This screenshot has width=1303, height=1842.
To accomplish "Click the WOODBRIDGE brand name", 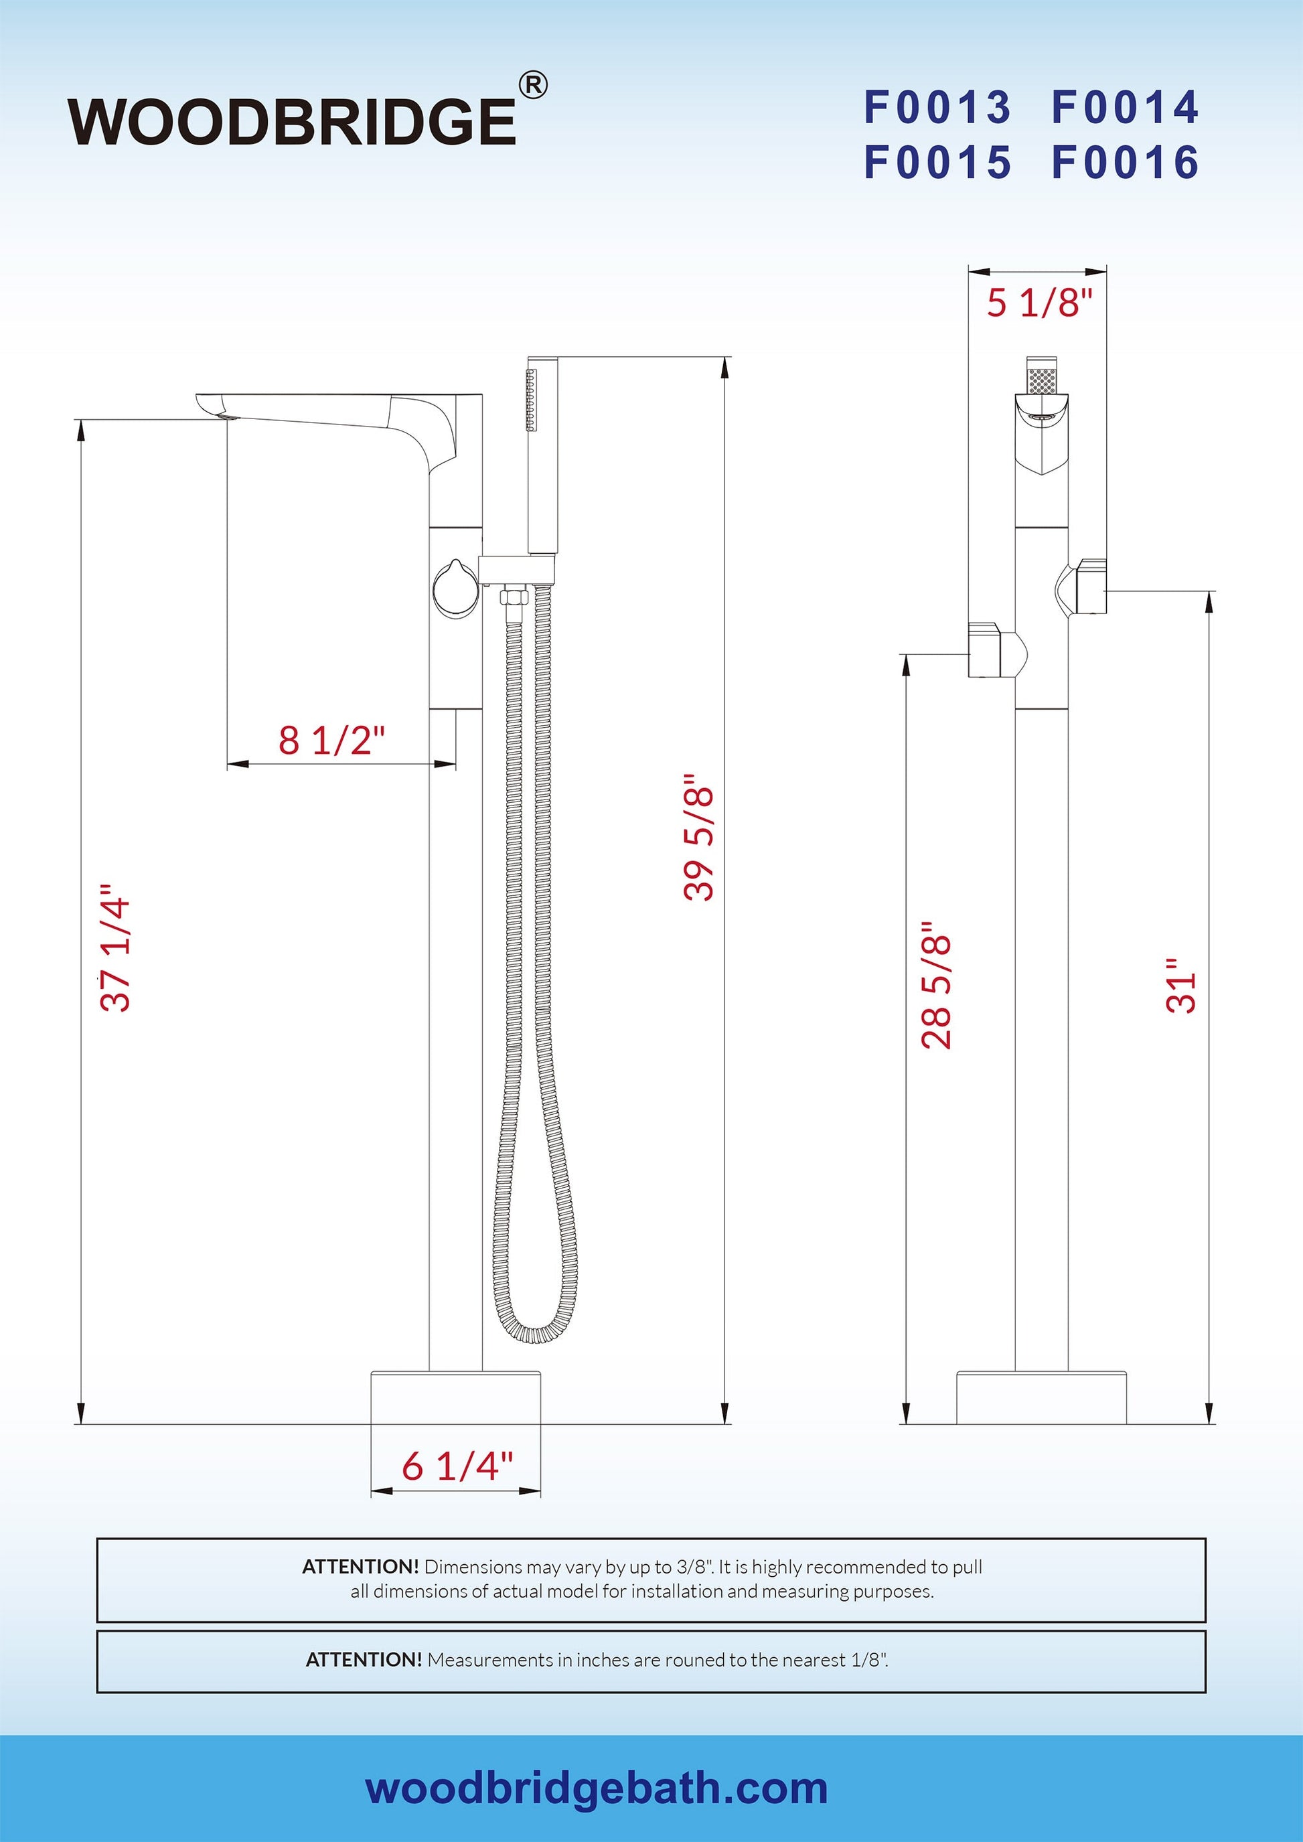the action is [292, 121].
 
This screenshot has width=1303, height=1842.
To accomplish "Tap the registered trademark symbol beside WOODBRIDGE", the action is [534, 84].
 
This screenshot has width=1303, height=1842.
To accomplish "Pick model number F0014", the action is [1125, 108].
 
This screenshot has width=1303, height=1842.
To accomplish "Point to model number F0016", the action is [1125, 162].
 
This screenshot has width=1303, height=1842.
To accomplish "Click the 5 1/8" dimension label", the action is [1039, 303].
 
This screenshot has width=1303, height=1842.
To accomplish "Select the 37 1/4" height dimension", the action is [114, 947].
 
